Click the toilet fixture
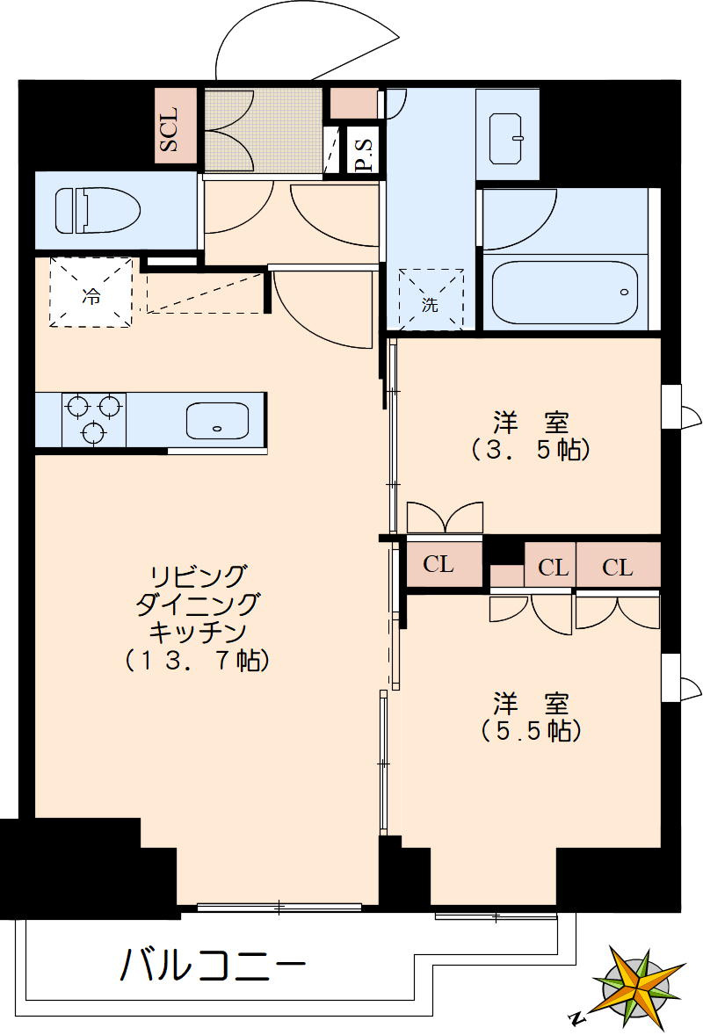pos(97,211)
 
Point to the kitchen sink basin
pos(217,420)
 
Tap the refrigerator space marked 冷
pos(91,293)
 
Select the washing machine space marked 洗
pos(430,304)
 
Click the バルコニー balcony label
pos(214,966)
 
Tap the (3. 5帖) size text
pos(530,450)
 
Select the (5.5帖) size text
pos(531,731)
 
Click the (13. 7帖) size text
pos(196,661)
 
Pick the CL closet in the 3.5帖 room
pos(438,565)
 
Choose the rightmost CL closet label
pos(618,568)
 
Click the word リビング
pos(197,575)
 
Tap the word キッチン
pos(197,631)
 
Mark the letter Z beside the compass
pos(576,1019)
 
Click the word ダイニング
pos(197,604)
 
